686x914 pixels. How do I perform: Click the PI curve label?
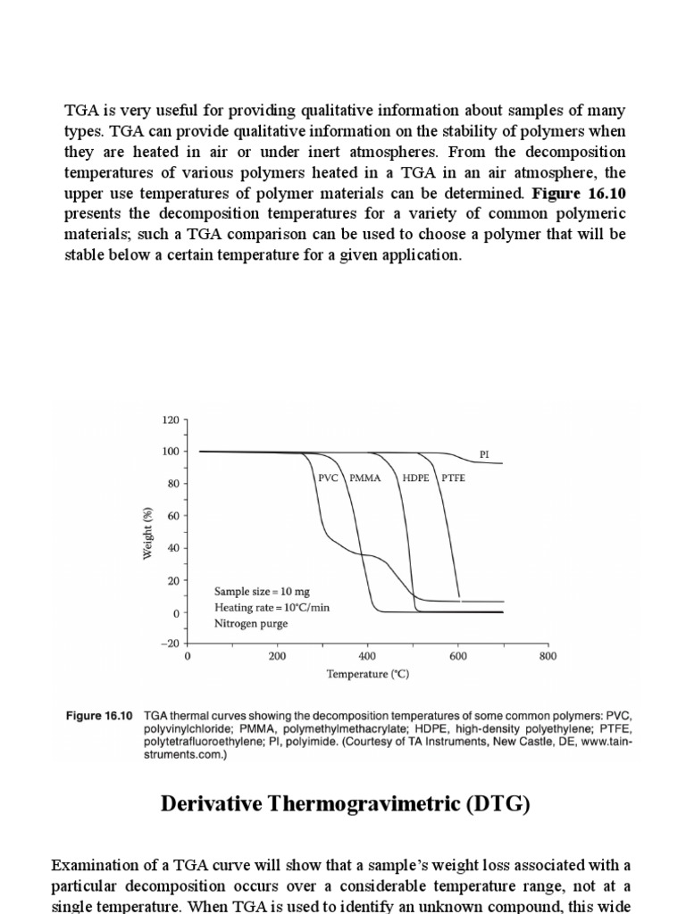coord(484,454)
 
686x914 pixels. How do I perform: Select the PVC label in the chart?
coord(329,478)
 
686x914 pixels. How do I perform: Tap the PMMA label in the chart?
coord(364,478)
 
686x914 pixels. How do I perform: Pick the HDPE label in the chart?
coord(415,478)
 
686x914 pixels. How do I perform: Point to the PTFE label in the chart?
coord(453,478)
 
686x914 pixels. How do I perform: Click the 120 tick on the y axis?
coord(170,419)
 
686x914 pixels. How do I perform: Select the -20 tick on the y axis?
coord(168,644)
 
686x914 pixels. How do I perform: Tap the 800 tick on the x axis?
coord(548,656)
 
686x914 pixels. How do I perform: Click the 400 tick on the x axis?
coord(367,656)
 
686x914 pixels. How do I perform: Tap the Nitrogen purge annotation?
coord(250,623)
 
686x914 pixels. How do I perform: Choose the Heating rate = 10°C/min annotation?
coord(272,607)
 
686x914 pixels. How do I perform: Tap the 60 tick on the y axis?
coord(172,516)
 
